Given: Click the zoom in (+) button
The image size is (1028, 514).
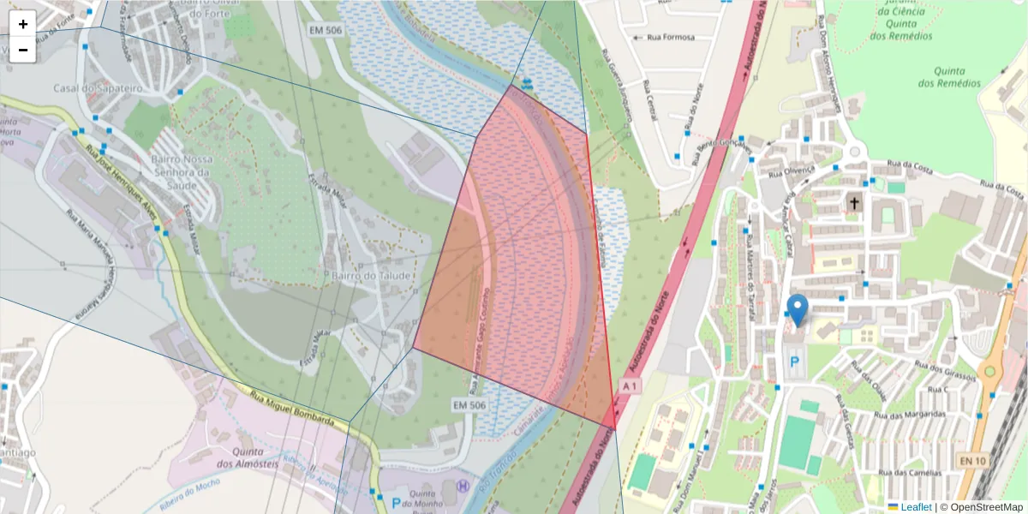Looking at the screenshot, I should click(x=23, y=24).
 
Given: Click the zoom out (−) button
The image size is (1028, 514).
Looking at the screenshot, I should click(x=23, y=50).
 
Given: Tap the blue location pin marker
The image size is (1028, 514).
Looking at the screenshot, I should click(x=798, y=309).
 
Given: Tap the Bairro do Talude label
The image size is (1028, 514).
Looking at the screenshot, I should click(x=372, y=276).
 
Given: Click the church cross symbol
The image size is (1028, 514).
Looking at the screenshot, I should click(x=854, y=203).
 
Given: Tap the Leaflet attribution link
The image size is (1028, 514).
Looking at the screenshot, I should click(x=916, y=507).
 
